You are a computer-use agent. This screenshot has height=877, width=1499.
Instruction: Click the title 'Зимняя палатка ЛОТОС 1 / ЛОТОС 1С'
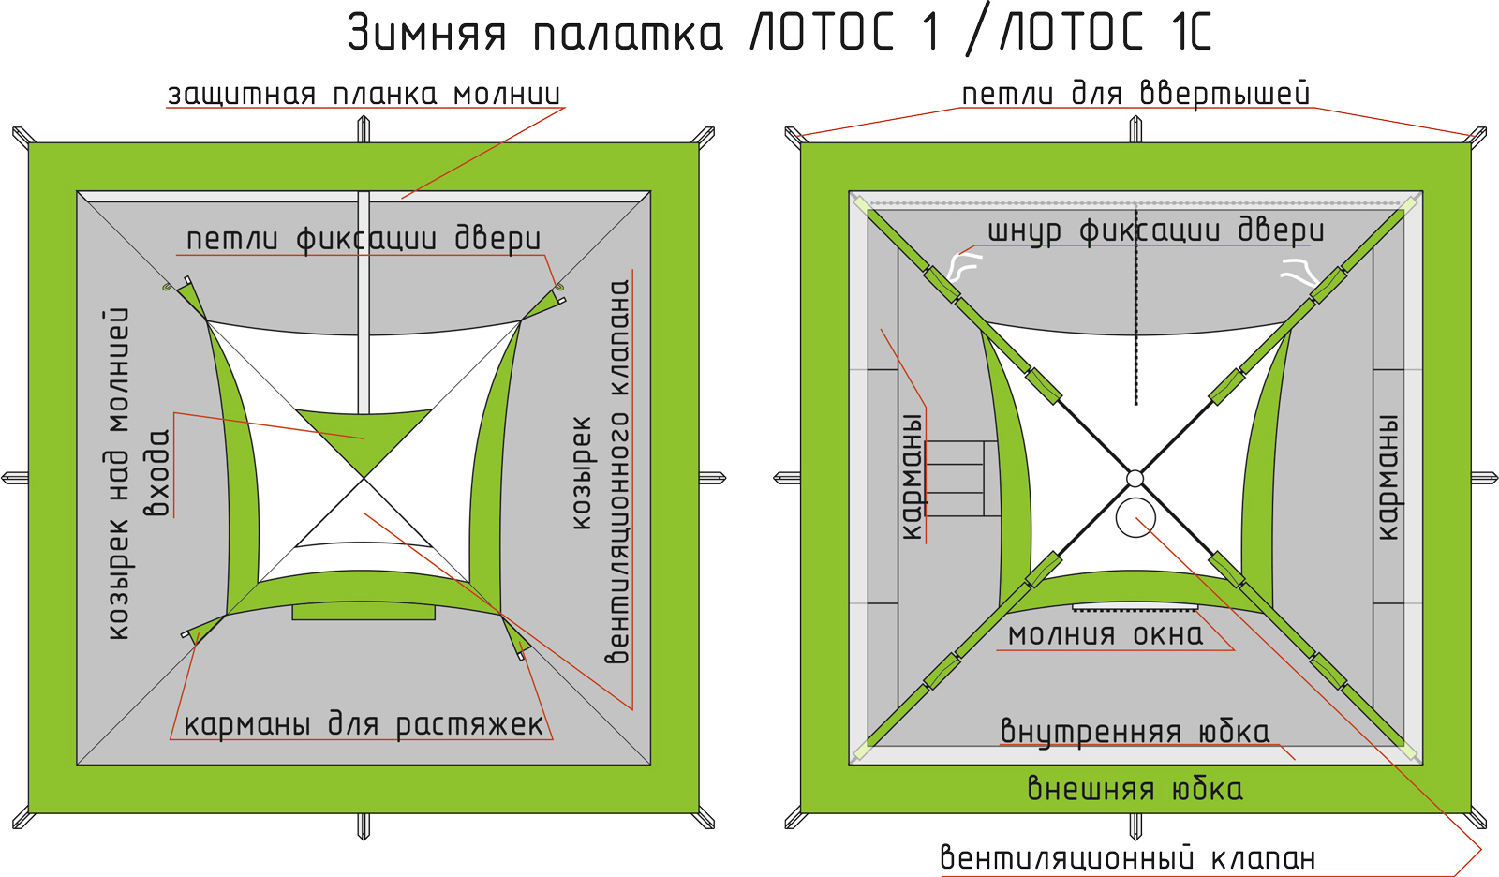click(779, 32)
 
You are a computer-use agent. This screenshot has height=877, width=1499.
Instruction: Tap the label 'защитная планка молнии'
click(364, 94)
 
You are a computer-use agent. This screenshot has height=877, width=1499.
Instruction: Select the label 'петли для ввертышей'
click(1135, 94)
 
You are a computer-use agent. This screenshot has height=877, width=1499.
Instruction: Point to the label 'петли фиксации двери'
click(364, 239)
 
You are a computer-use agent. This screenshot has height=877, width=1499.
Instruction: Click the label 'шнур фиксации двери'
click(1156, 230)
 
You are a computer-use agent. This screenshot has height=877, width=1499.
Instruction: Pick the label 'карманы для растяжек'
click(364, 723)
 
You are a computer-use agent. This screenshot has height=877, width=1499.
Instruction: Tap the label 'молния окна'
click(1106, 634)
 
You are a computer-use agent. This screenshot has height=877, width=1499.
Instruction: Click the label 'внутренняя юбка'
click(1135, 731)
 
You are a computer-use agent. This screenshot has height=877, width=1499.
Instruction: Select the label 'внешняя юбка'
click(1135, 788)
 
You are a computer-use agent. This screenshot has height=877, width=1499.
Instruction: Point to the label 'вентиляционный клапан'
click(1128, 857)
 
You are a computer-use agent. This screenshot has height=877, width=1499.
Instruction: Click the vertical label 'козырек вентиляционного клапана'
click(600, 471)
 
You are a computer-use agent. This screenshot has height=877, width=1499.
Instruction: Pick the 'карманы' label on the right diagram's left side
click(911, 477)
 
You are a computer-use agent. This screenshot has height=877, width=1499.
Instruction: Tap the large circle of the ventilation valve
click(1135, 517)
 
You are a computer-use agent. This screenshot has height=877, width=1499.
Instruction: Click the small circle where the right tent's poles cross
click(1135, 479)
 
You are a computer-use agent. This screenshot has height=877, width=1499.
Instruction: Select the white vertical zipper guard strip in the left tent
click(364, 303)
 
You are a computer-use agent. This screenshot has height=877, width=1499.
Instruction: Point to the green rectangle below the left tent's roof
click(364, 612)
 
